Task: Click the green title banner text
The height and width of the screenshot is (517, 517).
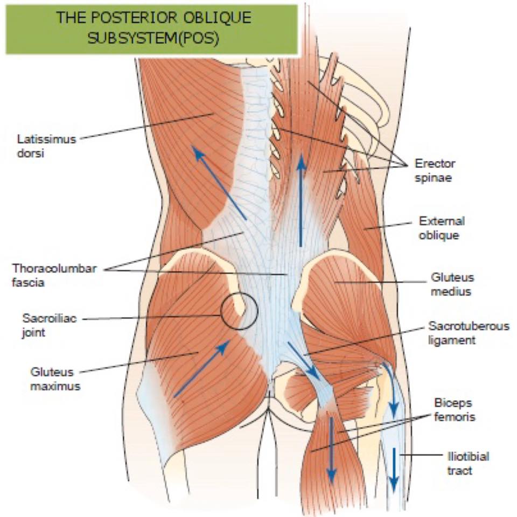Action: pos(153,27)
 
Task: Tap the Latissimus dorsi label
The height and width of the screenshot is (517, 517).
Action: pos(46,146)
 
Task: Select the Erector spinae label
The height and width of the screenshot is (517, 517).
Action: pos(435,171)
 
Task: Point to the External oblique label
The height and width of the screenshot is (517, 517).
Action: pos(442,228)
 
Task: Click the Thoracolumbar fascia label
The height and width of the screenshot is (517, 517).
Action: pos(54,275)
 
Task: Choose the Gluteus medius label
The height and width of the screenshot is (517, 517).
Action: pos(452,284)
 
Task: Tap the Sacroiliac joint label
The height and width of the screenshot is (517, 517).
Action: pos(50,325)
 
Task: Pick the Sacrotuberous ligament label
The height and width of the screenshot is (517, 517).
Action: pos(469,333)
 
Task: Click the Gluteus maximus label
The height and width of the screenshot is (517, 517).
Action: pos(55,379)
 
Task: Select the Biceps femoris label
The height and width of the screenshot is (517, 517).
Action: pos(455,410)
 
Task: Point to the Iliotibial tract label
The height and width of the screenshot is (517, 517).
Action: pos(468,464)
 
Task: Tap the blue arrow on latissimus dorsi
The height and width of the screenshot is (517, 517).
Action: pos(219,183)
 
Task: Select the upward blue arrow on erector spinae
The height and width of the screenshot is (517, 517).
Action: pos(301,199)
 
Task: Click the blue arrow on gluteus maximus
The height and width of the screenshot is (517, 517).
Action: pos(202,368)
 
